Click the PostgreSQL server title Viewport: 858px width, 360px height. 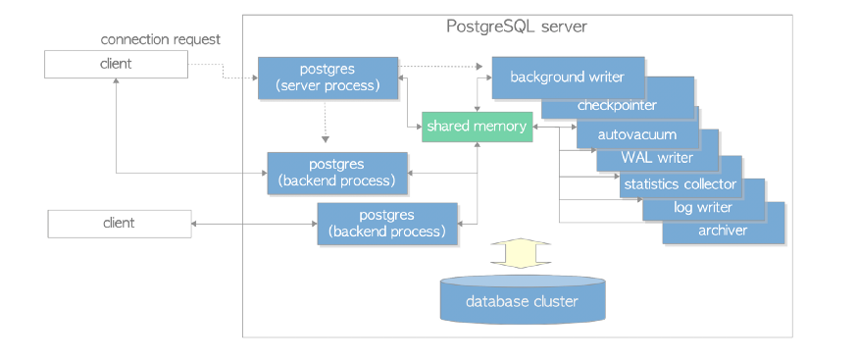coord(517,26)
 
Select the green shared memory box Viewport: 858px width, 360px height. coord(477,127)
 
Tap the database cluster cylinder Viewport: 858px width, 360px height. coord(521,300)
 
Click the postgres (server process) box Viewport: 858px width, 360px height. coord(327,77)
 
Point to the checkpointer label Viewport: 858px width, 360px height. coord(617,105)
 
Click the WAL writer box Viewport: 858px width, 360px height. coord(657,157)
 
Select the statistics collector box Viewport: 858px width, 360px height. coord(679,183)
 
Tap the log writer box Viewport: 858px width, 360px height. coord(702,207)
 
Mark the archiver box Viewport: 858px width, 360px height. coord(724,231)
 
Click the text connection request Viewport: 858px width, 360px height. coord(161,39)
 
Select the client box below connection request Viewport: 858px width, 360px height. coord(116,64)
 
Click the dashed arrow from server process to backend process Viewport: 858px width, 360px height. coord(326,123)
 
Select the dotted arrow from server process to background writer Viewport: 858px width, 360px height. coord(441,67)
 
